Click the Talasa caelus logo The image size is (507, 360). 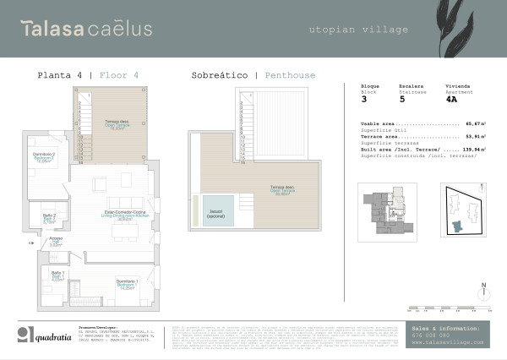[86, 29]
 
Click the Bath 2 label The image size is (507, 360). [49, 218]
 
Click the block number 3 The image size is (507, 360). [364, 99]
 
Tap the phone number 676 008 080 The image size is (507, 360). [431, 335]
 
